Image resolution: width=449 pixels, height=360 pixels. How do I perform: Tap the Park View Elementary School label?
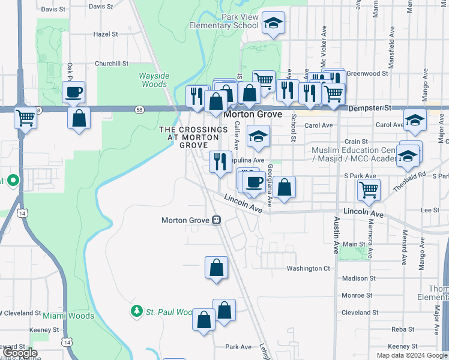(x=224, y=22)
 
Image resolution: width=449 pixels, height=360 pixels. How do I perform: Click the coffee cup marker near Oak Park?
(x=74, y=92)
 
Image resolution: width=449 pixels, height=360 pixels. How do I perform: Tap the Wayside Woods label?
(x=153, y=80)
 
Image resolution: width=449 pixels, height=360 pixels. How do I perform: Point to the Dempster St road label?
(x=372, y=107)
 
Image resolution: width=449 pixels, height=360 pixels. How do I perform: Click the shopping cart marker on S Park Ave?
(x=369, y=190)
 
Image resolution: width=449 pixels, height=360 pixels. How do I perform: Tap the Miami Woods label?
(x=68, y=316)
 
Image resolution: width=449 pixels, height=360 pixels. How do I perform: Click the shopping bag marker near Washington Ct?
(x=216, y=268)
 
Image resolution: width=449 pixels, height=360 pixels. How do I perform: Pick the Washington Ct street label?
(x=309, y=268)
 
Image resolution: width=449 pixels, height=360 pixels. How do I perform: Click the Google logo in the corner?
(x=20, y=353)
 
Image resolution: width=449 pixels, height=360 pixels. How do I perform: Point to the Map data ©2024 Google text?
(x=412, y=355)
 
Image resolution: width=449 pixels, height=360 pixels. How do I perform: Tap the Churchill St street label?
(x=112, y=63)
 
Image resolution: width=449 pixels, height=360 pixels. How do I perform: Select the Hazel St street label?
(x=106, y=34)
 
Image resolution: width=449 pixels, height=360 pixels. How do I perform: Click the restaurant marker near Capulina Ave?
(x=220, y=161)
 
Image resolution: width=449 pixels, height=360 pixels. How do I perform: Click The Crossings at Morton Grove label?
(x=194, y=137)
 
